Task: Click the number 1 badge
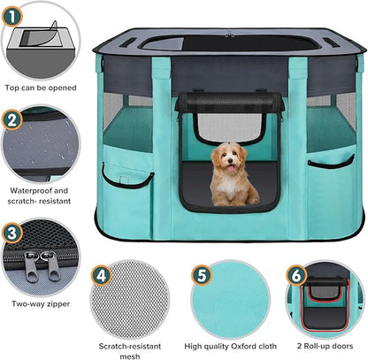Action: pos(11,16)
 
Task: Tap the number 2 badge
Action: pos(11,119)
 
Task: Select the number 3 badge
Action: pos(11,234)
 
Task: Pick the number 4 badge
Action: pos(101,276)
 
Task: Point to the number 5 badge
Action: pos(202,276)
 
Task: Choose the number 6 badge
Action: pos(296,276)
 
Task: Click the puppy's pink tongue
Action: pos(231,168)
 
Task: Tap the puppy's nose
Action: pos(230,161)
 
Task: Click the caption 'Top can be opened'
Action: pos(41,88)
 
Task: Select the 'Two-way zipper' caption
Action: pos(41,304)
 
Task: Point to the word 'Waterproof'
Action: pos(31,191)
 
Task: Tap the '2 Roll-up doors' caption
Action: pos(325,346)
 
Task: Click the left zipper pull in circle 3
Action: pos(32,266)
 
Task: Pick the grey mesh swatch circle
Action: pos(130,300)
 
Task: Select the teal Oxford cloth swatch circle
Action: pos(231,300)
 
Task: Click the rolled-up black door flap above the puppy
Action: pos(229,102)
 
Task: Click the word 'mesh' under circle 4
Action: pos(130,356)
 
